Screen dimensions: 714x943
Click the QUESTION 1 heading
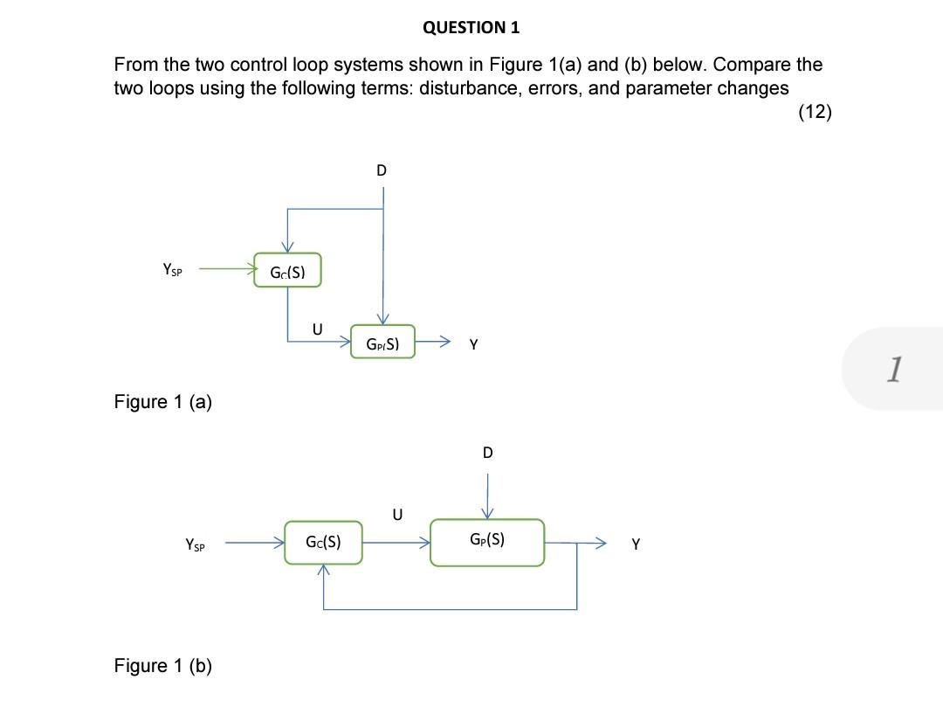(x=471, y=27)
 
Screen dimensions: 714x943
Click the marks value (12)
(x=815, y=111)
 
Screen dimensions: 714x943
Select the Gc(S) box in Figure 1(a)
(x=287, y=271)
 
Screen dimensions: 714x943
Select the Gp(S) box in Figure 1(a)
(x=382, y=343)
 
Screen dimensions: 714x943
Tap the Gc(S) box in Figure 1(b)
(x=323, y=542)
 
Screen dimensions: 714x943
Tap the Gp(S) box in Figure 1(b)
(x=486, y=542)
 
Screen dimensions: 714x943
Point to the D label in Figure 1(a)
(x=381, y=170)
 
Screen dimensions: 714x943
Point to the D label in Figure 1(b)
(x=487, y=453)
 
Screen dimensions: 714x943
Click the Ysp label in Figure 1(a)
(x=173, y=270)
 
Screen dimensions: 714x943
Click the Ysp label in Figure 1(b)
(x=196, y=544)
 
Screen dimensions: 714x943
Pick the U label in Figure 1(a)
(x=317, y=329)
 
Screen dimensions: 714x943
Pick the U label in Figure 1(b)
(x=396, y=515)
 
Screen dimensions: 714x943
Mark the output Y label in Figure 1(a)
(x=473, y=344)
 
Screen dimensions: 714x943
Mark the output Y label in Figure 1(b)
(x=636, y=544)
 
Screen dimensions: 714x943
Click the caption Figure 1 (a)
(x=163, y=402)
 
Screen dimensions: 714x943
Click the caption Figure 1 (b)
(x=163, y=666)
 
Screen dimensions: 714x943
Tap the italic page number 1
(x=892, y=370)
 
